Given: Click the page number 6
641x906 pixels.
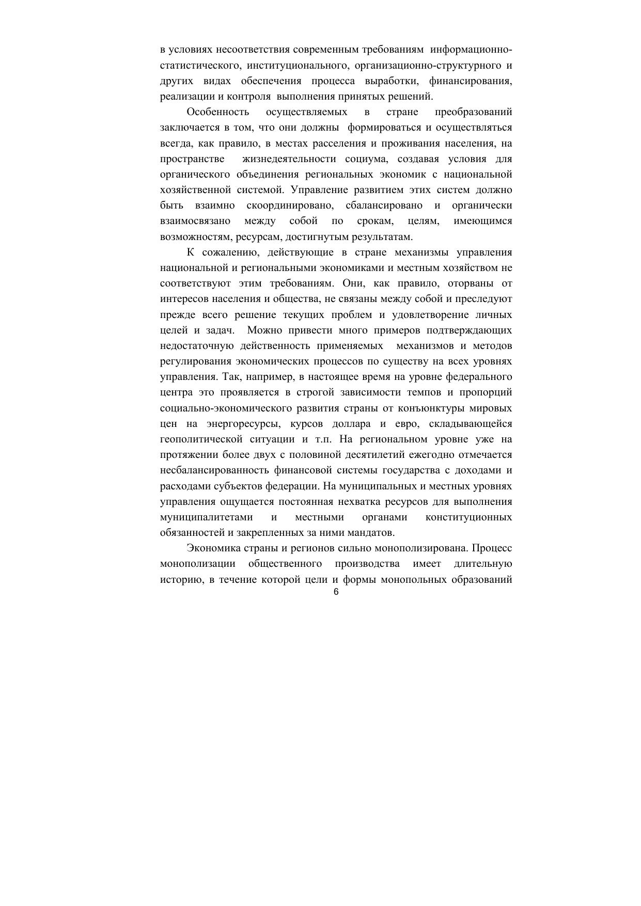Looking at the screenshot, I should click(x=336, y=592).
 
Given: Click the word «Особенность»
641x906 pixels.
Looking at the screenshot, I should click(x=217, y=112).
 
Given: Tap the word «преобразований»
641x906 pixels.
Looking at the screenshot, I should click(x=474, y=112).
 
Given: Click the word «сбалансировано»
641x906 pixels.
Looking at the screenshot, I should click(x=384, y=205).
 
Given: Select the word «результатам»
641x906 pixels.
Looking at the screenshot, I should click(x=382, y=237).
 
